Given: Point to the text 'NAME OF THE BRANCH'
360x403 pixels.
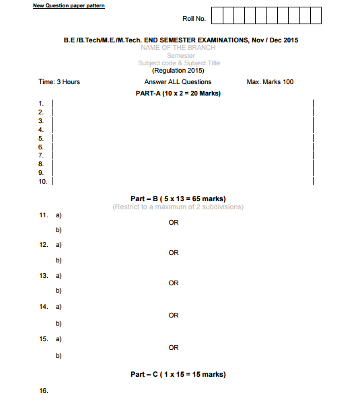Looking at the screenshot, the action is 178,48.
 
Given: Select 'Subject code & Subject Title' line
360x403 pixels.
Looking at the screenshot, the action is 179,63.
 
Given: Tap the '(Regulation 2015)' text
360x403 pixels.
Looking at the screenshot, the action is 178,71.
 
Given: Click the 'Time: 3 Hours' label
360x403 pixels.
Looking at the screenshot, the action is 59,82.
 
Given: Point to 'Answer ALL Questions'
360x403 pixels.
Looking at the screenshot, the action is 178,82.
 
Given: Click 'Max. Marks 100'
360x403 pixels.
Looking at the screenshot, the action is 270,82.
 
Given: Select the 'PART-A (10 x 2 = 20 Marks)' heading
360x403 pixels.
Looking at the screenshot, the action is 178,94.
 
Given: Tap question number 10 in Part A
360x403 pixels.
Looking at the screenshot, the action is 42,182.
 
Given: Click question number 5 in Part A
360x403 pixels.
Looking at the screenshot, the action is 41,138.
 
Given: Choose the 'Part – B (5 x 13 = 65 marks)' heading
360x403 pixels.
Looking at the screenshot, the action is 178,198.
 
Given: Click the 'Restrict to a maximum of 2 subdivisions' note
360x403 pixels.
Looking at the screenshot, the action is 178,207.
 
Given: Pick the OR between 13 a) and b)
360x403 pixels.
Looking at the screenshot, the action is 174,283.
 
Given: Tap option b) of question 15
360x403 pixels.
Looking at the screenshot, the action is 59,355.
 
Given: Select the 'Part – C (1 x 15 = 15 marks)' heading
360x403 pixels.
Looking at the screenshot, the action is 178,374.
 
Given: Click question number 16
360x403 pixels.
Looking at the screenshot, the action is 44,391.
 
